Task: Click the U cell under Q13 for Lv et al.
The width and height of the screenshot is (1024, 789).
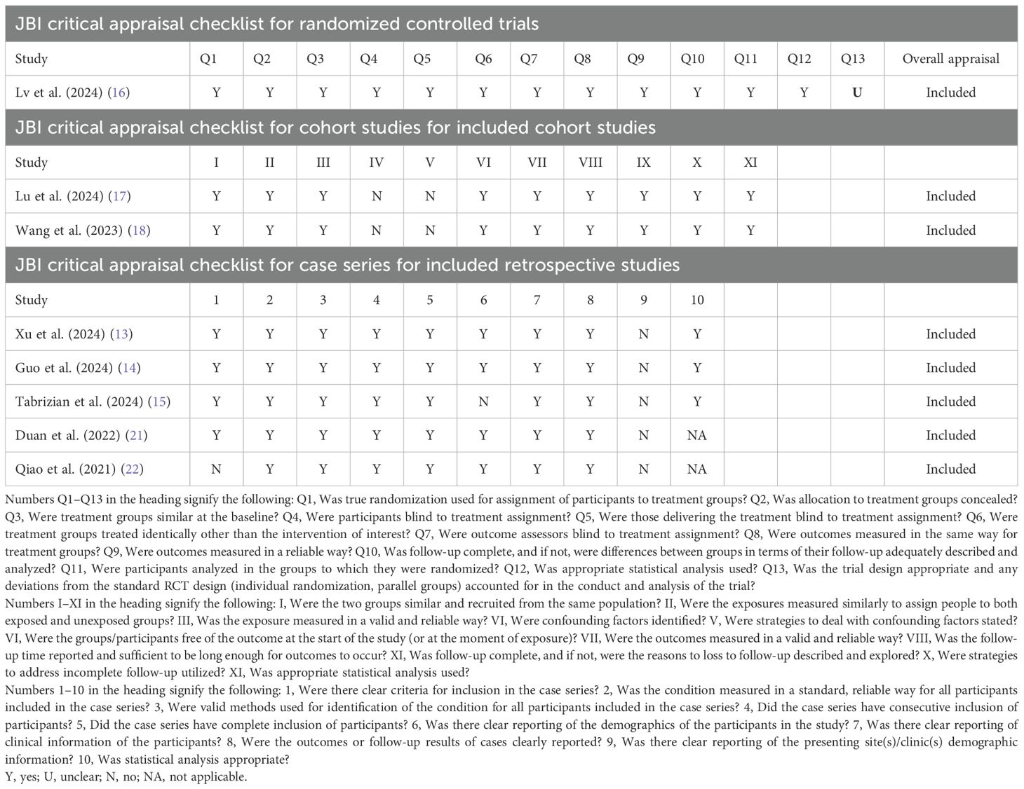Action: coord(857,92)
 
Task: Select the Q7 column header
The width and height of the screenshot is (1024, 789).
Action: coord(529,59)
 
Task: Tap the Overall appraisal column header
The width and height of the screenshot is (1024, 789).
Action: coord(950,59)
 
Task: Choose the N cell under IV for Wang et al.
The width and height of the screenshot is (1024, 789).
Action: coord(377,231)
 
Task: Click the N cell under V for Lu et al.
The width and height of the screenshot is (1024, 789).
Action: coord(430,196)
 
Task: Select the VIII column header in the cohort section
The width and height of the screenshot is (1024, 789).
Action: coord(591,163)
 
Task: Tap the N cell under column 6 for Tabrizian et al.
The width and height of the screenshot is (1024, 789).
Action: coord(483,402)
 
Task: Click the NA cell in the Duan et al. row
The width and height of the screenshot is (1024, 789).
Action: coord(696,435)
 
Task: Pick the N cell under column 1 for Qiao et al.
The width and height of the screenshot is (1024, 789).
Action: coord(216,469)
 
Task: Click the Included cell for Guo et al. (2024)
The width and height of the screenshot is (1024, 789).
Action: coord(950,368)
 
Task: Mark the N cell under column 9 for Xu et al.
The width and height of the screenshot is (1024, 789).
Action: coord(644,334)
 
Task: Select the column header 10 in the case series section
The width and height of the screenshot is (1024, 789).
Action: coord(696,300)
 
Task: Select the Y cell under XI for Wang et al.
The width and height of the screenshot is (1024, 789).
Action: coord(750,231)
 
